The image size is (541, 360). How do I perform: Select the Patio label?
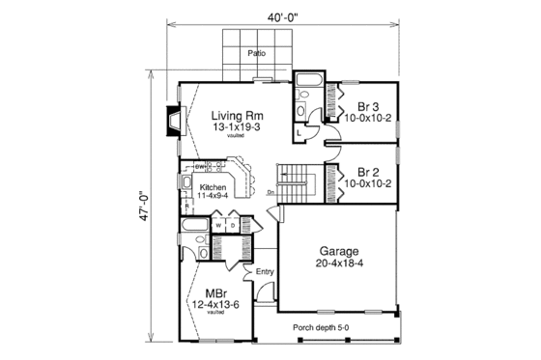(x=256, y=53)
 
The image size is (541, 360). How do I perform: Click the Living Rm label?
(x=236, y=115)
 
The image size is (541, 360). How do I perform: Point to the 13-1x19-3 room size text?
(x=236, y=127)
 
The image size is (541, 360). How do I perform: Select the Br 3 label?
(x=367, y=106)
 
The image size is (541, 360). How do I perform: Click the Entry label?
(x=265, y=271)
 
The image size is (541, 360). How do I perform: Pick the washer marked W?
(x=218, y=226)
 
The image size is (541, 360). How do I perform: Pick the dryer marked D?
(x=232, y=226)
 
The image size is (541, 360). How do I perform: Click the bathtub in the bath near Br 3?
(x=312, y=80)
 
